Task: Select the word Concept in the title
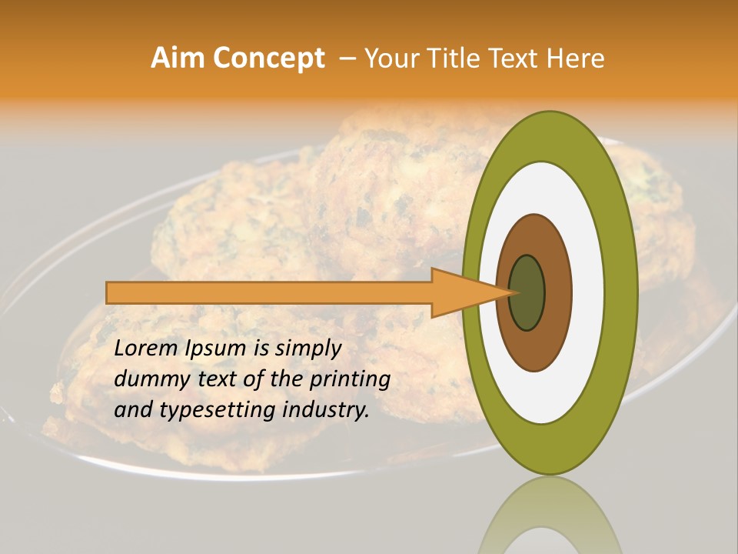268,58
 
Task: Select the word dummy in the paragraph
147,379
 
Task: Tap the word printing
349,379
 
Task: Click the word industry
325,410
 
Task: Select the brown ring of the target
558,292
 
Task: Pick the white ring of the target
587,292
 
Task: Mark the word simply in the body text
307,349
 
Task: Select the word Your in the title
387,58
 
